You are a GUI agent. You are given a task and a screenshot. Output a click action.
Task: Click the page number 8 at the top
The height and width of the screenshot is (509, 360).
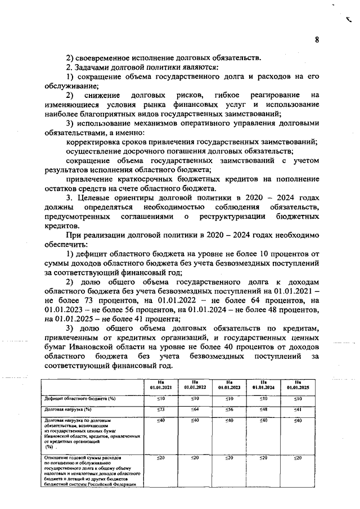317,39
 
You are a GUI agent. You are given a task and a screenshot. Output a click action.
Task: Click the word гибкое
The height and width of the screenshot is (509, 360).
232,96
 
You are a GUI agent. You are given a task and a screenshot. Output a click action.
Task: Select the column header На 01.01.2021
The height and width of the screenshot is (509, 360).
161,384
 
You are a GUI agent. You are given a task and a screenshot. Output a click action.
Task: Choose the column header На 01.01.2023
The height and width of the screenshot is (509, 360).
229,384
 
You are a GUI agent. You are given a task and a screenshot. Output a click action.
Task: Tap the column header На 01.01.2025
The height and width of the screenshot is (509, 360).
298,384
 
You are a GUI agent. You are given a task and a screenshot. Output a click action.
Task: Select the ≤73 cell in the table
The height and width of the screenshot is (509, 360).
161,409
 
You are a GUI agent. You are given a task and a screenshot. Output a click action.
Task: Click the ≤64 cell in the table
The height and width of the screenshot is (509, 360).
195,409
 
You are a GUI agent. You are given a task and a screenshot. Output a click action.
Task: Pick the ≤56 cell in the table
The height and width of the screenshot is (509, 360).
229,409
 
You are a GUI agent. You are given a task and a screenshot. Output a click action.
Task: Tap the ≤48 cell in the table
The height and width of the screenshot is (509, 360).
263,409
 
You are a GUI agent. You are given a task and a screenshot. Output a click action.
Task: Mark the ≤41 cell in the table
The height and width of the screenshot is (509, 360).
298,409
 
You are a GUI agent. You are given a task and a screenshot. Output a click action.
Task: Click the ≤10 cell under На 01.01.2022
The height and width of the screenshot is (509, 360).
195,398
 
